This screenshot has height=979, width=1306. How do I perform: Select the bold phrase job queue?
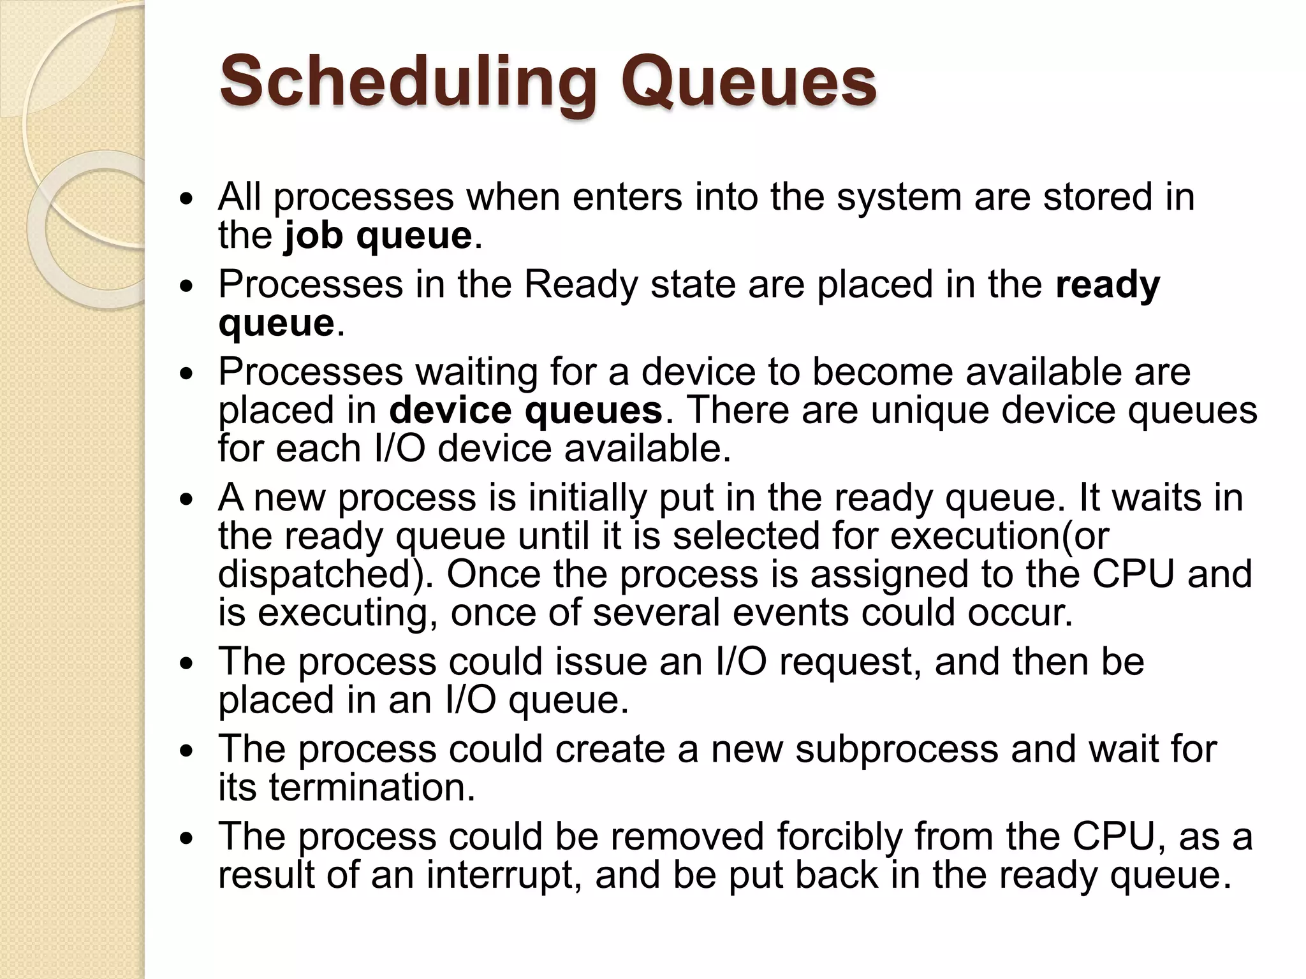pos(378,236)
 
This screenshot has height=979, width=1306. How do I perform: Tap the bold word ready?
pos(1107,284)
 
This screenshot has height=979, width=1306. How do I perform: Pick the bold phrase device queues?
pos(526,410)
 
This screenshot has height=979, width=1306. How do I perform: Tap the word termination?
pos(371,788)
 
